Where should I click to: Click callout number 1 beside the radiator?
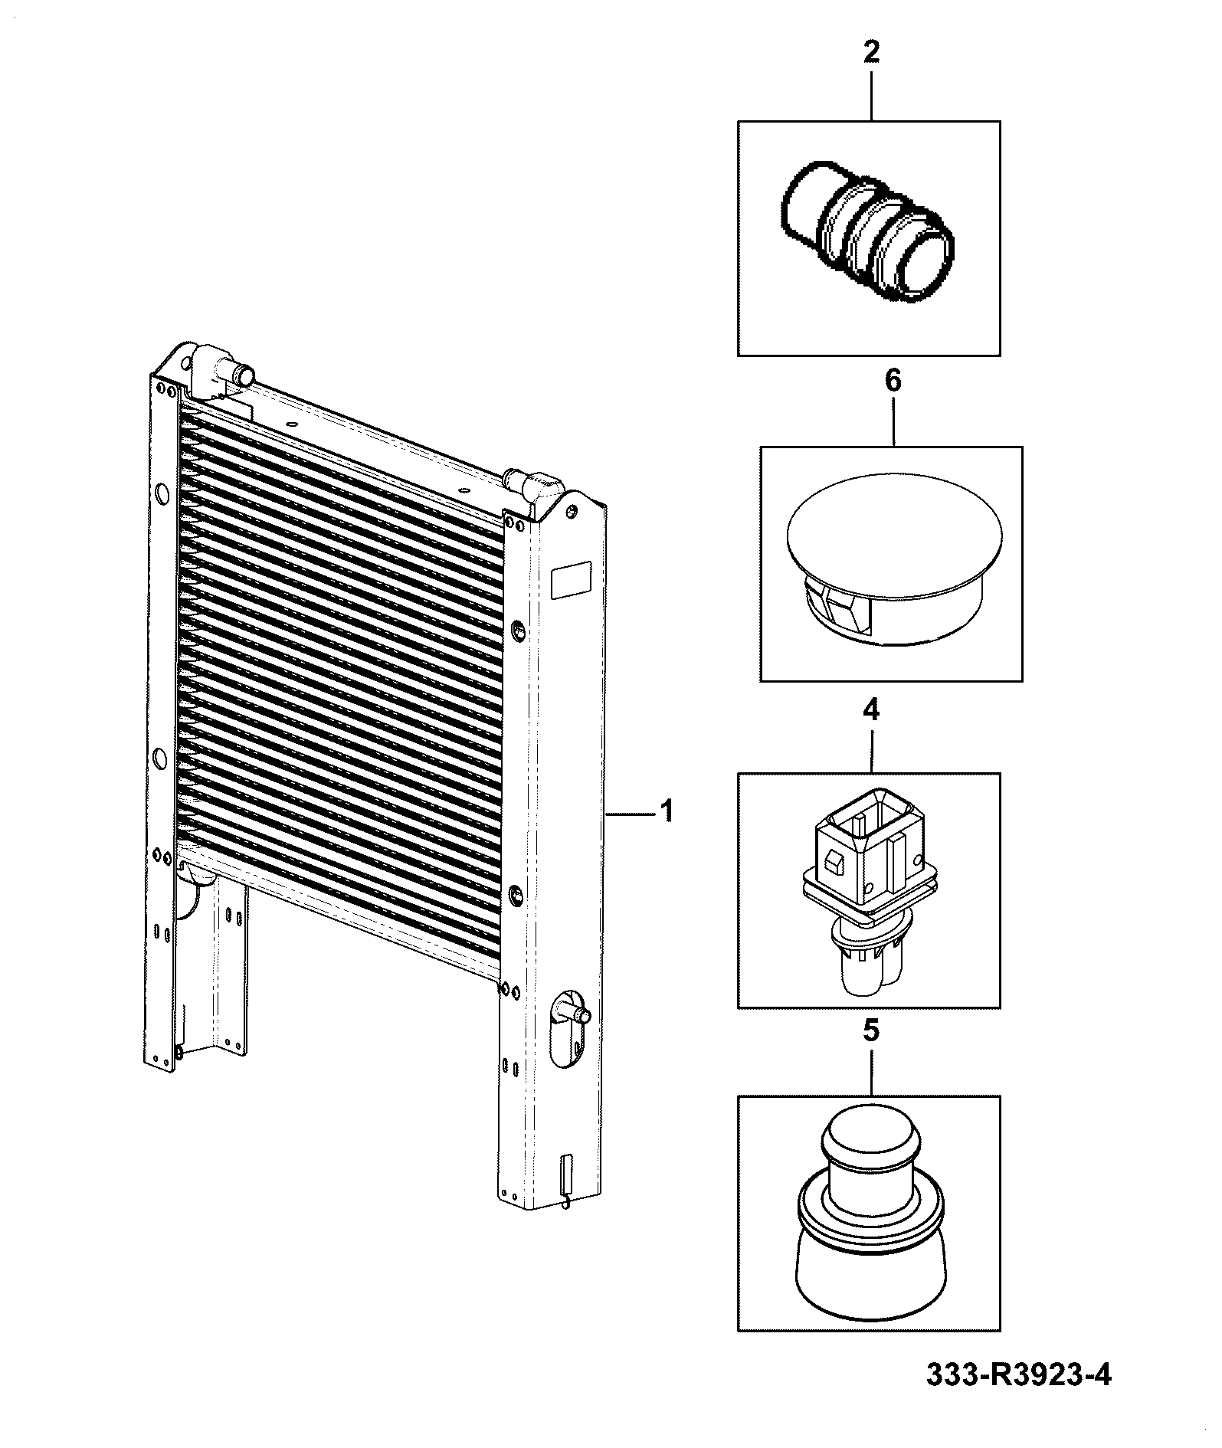[x=667, y=811]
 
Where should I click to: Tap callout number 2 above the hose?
[x=871, y=52]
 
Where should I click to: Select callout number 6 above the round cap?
[x=893, y=381]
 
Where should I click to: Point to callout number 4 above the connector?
[x=871, y=709]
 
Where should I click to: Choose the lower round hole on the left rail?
[x=160, y=758]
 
